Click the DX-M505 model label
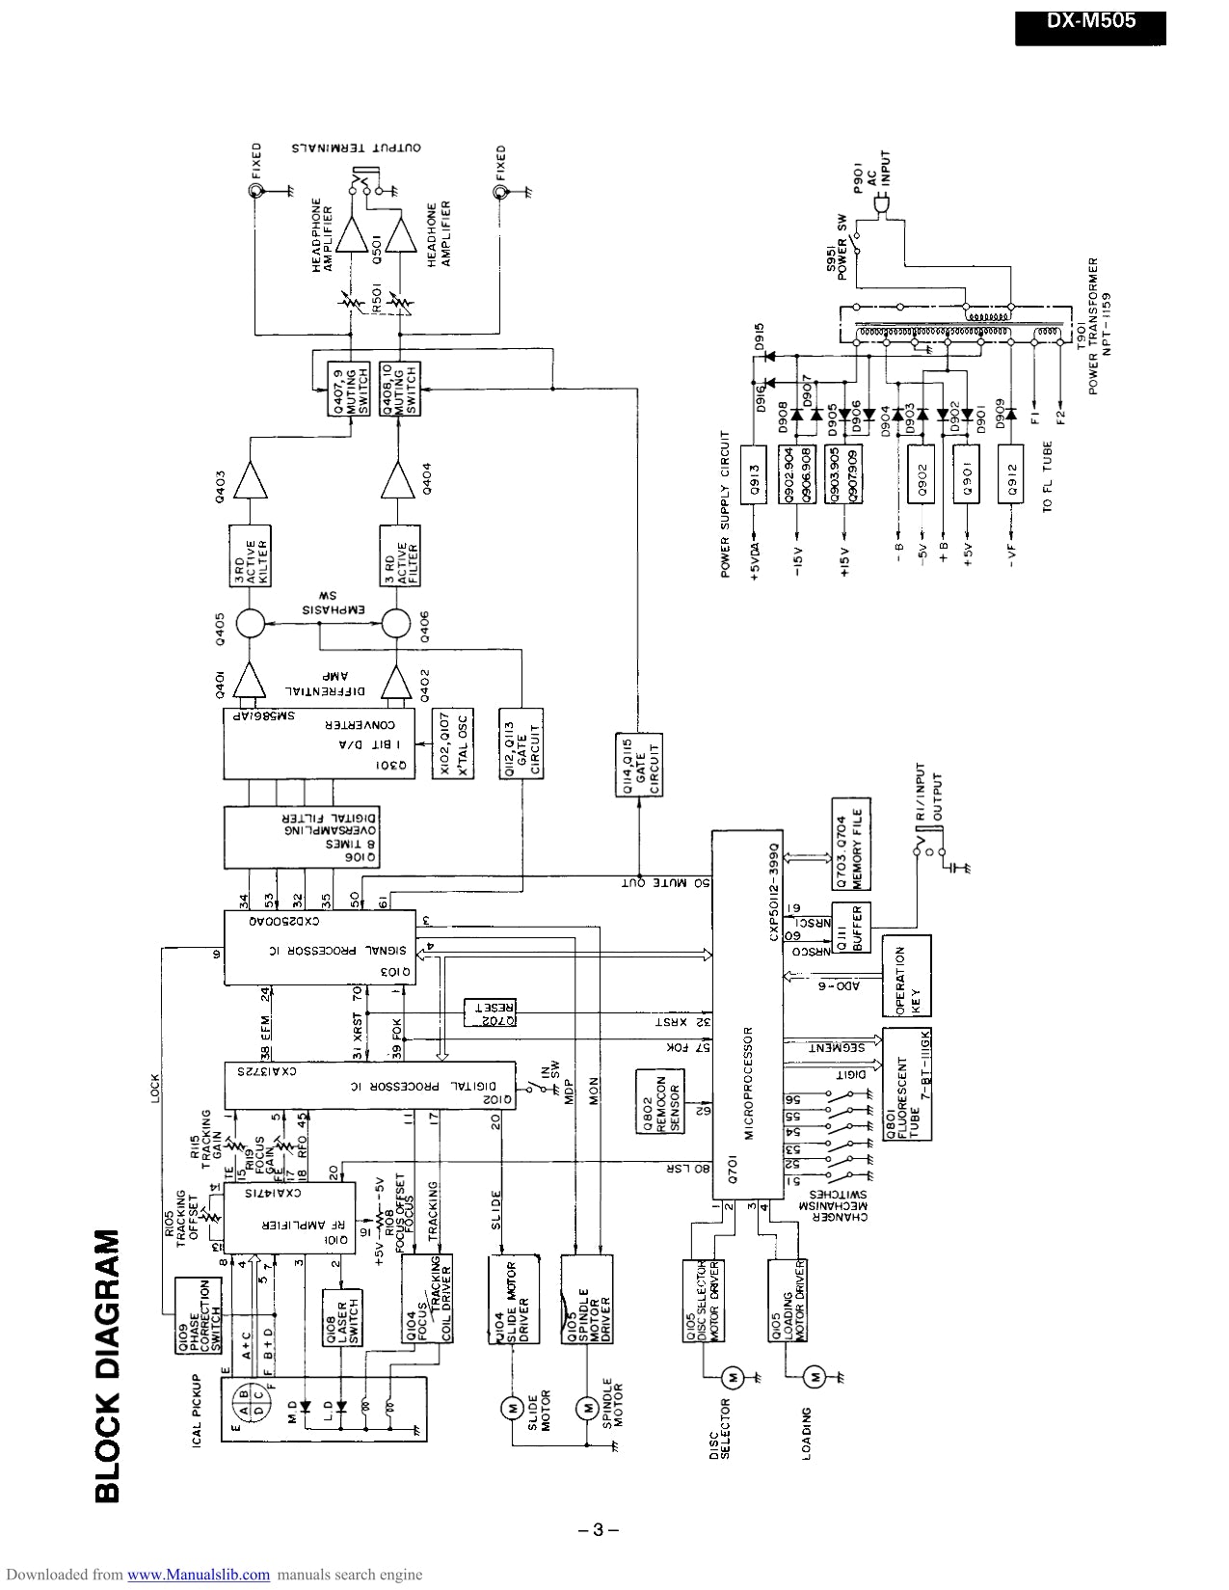coord(1090,22)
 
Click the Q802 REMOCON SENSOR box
coord(658,1101)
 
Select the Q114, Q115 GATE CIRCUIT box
coord(638,765)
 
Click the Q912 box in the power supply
coord(1011,474)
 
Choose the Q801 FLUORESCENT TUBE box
coord(907,1084)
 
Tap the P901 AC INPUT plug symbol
coord(881,204)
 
